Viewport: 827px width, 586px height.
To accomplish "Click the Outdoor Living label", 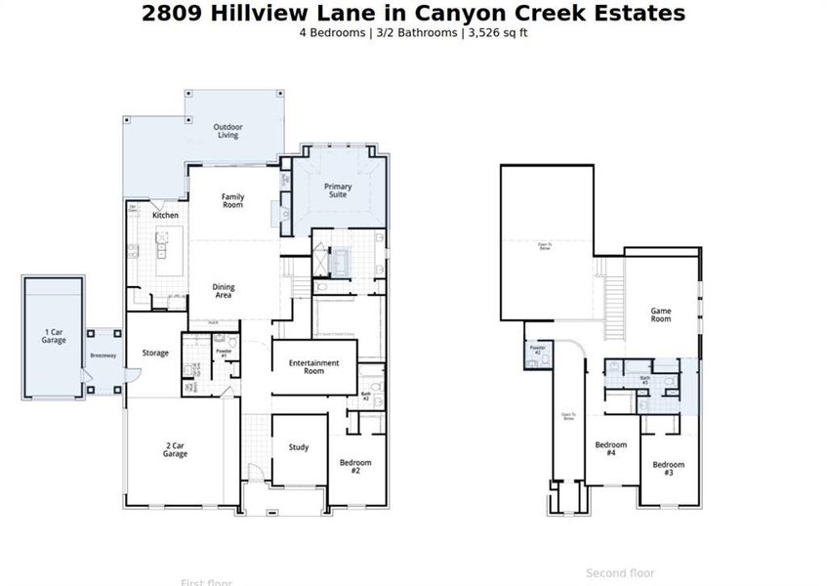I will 228,131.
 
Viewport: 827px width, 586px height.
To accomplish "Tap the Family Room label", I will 232,201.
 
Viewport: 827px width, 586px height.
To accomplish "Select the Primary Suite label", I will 338,190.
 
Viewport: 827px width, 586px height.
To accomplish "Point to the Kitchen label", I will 165,215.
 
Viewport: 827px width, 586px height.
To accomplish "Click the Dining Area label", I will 224,291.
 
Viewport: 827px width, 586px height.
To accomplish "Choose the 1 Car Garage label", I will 54,336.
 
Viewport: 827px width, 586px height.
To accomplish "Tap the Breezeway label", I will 103,356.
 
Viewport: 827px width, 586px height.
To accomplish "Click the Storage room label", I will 155,353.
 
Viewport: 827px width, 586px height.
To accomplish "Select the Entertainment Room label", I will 313,367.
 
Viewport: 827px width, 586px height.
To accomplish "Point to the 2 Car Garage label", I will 175,450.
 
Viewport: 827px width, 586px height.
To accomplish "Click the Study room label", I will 299,447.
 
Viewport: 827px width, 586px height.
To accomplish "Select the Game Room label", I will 661,315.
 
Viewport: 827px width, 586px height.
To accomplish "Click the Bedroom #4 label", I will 611,449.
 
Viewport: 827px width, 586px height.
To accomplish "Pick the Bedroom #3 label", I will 669,469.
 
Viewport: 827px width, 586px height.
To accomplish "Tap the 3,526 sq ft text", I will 498,32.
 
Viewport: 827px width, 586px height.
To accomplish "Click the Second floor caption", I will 620,573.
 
